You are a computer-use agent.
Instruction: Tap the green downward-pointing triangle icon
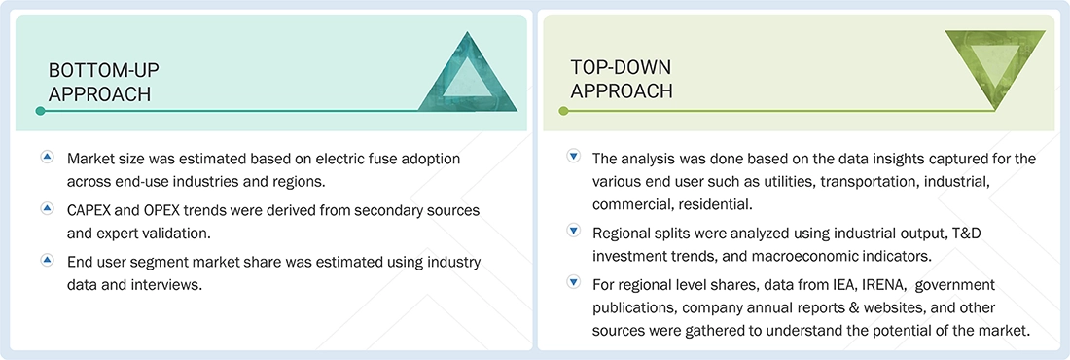pyautogui.click(x=993, y=65)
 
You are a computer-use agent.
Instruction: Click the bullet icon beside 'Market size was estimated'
pyautogui.click(x=46, y=157)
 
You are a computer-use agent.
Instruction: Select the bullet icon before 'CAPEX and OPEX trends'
pyautogui.click(x=46, y=209)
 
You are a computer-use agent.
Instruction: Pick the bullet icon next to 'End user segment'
pyautogui.click(x=46, y=262)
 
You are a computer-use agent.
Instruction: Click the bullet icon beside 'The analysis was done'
pyautogui.click(x=573, y=157)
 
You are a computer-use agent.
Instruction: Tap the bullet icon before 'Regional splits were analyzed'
pyautogui.click(x=573, y=232)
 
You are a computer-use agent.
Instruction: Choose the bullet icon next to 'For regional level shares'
pyautogui.click(x=573, y=284)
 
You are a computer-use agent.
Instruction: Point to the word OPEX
pyautogui.click(x=153, y=210)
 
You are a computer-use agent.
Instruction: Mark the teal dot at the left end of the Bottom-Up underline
pyautogui.click(x=40, y=111)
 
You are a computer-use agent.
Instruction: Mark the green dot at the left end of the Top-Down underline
pyautogui.click(x=563, y=111)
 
